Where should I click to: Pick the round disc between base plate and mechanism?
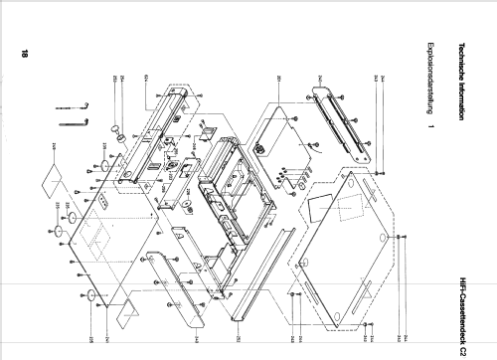click(x=185, y=206)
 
